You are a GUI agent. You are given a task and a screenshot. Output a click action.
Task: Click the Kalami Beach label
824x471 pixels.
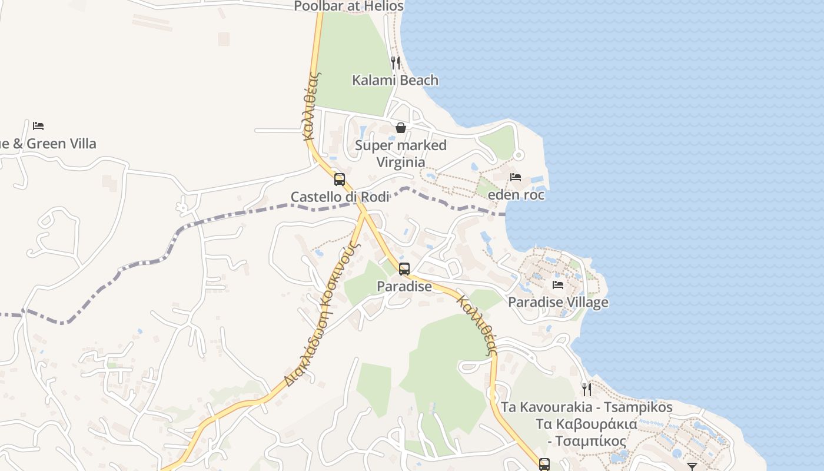pos(395,80)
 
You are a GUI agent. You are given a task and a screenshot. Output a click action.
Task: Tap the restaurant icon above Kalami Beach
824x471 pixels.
pos(396,62)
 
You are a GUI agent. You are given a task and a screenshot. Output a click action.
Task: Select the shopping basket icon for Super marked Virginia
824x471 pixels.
pos(401,128)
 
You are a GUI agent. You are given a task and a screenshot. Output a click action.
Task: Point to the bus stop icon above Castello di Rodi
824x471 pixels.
pos(340,179)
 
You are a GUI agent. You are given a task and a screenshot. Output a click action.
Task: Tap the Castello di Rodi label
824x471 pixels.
pos(340,197)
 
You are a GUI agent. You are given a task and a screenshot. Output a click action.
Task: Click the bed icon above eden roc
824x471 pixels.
pos(516,177)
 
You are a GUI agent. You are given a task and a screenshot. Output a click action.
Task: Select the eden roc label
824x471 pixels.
pos(516,194)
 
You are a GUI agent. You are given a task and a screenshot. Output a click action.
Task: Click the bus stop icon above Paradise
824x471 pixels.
pos(404,268)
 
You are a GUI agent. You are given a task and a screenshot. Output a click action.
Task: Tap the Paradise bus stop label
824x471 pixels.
pos(404,286)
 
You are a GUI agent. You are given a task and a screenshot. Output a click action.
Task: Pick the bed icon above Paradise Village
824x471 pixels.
pos(558,285)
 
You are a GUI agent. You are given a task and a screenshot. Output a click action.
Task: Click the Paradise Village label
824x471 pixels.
pos(558,302)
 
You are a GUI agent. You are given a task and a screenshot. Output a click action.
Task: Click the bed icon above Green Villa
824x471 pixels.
pos(38,126)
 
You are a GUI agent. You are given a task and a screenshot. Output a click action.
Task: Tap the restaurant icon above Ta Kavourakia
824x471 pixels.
pos(586,389)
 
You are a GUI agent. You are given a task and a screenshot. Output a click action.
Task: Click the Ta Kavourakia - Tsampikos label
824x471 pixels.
pos(586,407)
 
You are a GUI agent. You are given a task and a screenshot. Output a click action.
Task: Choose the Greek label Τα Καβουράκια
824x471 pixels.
pos(586,424)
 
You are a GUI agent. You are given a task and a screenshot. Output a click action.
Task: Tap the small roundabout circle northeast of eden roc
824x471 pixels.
pos(519,155)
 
